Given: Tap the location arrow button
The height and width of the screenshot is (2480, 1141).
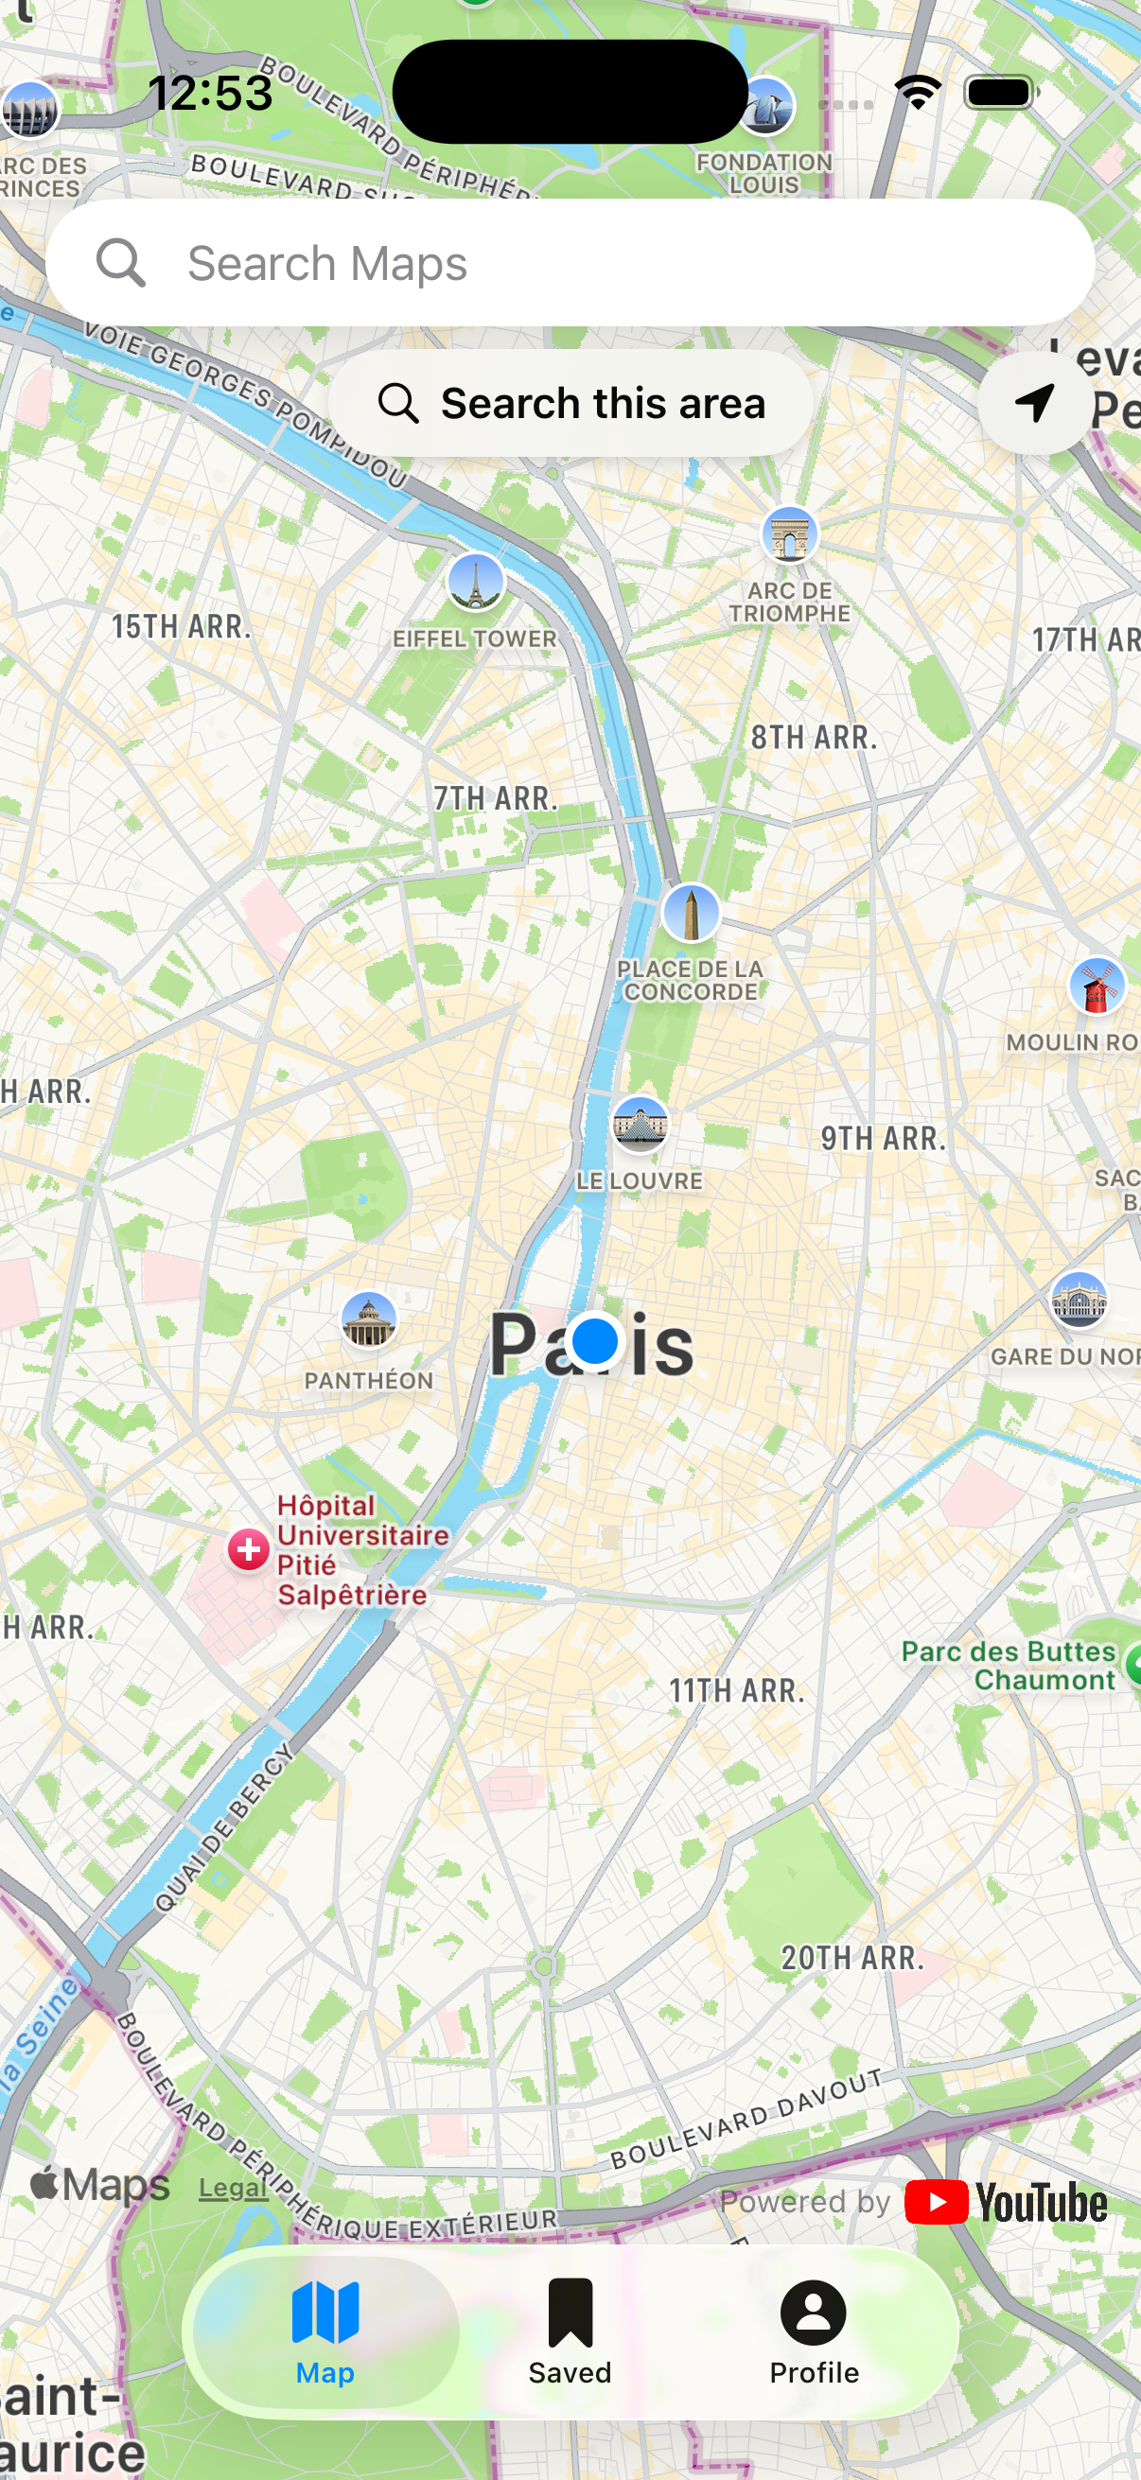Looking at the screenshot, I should click(x=1035, y=402).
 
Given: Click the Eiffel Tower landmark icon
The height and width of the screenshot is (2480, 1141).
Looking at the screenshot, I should click(x=476, y=582).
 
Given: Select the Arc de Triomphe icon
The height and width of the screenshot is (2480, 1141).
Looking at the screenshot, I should click(x=790, y=534).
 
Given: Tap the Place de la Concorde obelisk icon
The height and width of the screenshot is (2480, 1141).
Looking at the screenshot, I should click(x=691, y=912).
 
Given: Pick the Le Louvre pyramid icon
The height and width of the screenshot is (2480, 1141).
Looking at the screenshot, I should click(x=640, y=1124).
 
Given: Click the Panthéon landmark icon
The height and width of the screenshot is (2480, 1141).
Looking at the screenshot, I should click(x=369, y=1319).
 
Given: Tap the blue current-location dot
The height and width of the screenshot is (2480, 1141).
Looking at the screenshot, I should click(x=594, y=1340).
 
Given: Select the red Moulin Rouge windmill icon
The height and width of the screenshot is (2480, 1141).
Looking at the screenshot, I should click(x=1096, y=986).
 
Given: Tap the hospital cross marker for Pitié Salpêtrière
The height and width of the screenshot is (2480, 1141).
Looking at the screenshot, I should click(x=249, y=1550).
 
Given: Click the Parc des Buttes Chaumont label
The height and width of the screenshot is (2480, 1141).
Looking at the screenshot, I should click(x=1009, y=1666).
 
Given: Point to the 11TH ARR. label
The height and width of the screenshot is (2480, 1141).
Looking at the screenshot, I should click(x=737, y=1690).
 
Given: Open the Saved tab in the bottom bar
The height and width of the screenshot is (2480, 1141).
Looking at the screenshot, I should click(x=570, y=2331).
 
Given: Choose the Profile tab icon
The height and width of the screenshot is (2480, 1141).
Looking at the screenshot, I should click(x=814, y=2314).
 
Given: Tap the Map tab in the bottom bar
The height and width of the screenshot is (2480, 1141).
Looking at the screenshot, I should click(x=325, y=2331).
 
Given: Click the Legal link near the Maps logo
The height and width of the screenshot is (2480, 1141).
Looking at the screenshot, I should click(x=233, y=2189).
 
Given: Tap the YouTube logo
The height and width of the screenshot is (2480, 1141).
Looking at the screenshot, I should click(x=1007, y=2203).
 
